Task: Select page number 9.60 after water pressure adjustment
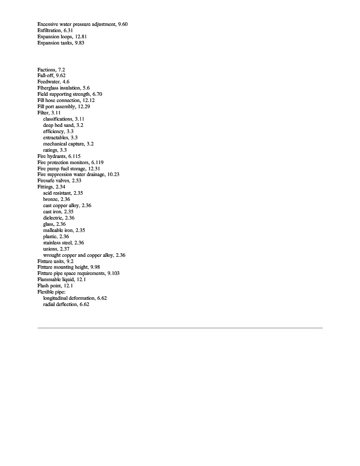pyautogui.click(x=123, y=24)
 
